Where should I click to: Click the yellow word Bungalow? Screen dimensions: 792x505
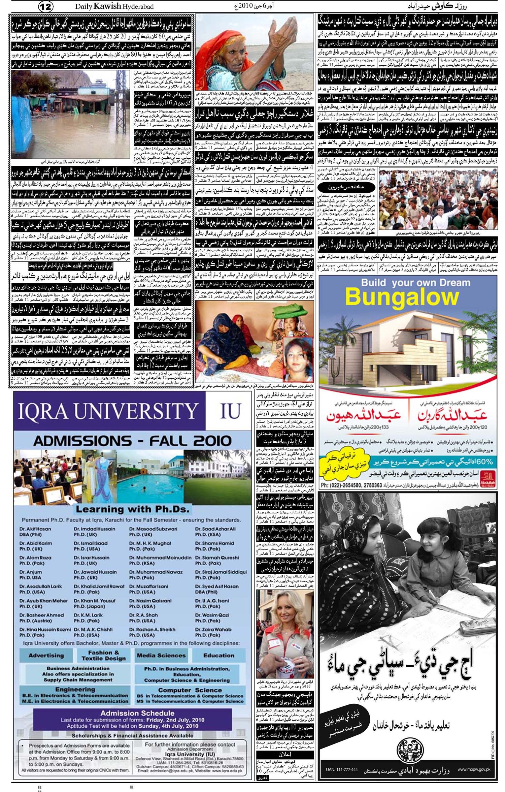[x=402, y=297]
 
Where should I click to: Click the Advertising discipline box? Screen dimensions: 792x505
[x=46, y=656]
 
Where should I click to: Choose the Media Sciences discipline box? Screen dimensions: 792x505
[x=161, y=656]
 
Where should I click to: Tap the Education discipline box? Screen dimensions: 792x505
[x=218, y=656]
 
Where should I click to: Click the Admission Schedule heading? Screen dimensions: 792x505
[x=137, y=713]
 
